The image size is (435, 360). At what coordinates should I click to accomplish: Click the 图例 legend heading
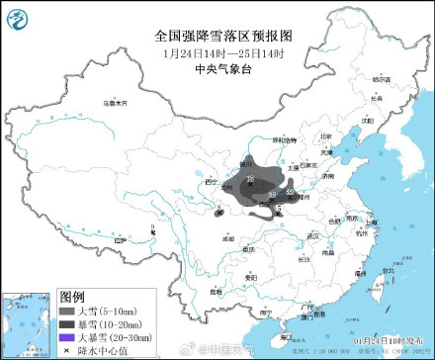[73, 296]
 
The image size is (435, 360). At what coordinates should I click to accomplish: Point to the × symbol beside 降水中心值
[67, 350]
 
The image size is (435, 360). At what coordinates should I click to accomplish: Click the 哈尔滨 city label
[382, 78]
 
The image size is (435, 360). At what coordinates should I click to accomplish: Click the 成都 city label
[228, 238]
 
